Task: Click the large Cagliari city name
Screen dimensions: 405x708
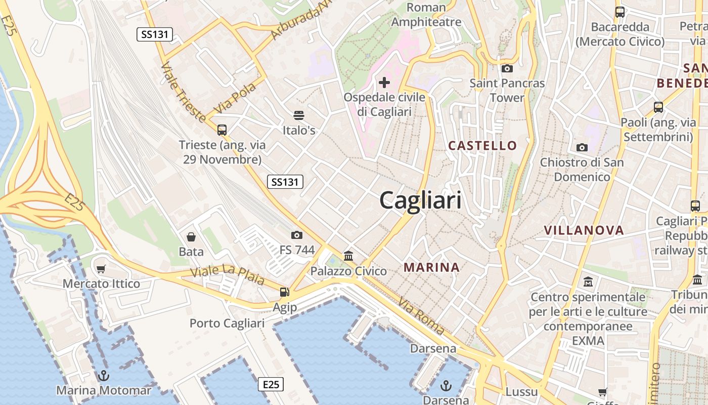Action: coord(420,200)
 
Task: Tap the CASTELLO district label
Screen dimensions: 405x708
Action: coord(482,146)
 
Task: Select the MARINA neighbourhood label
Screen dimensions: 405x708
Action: coord(431,267)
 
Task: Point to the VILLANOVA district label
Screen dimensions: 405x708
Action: coord(584,230)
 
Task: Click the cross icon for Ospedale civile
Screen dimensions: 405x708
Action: coord(384,82)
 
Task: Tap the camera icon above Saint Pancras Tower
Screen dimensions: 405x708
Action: coord(507,68)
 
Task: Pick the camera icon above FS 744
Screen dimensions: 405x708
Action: coord(297,235)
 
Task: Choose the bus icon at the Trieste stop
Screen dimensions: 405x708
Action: coord(222,130)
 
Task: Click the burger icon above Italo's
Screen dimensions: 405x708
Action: coord(299,115)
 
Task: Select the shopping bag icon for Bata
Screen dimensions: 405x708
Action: coord(191,236)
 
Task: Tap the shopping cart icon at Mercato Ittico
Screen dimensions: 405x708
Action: coord(101,269)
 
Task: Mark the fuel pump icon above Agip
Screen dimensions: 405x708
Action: coord(285,292)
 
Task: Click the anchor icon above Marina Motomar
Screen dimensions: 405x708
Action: coord(103,376)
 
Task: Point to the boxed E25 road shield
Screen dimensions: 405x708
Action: coord(271,384)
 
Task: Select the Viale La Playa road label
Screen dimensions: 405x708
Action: coord(227,274)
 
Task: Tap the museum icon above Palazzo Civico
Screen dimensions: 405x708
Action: coord(348,256)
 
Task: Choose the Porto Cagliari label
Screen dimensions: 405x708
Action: coord(227,323)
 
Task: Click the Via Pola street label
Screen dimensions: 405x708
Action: coord(235,98)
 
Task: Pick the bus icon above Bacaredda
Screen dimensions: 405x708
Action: coord(619,12)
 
